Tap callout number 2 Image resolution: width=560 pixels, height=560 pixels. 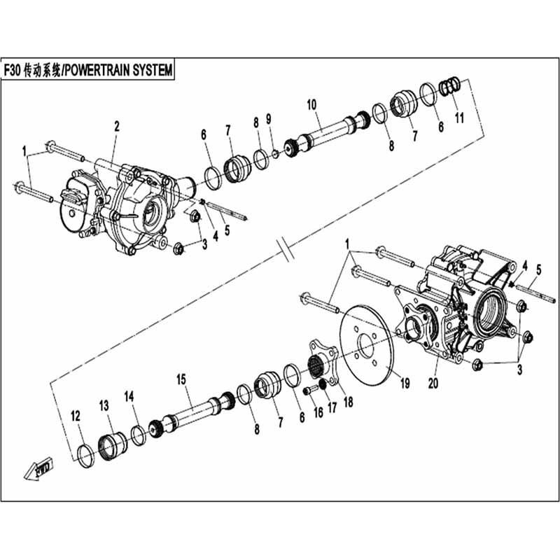116,127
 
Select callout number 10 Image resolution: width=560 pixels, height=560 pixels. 311,105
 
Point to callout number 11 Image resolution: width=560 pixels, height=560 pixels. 459,118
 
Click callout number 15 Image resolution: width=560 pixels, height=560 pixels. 181,379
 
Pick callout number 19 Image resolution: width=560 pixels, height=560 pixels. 405,383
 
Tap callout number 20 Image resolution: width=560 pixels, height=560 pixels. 433,383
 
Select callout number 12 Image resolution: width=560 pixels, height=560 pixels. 76,416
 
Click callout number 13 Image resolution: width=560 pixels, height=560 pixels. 104,406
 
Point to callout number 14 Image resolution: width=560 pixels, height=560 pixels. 129,396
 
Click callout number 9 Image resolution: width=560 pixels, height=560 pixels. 269,119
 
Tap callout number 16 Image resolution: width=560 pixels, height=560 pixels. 318,412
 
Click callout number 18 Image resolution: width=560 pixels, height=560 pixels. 348,402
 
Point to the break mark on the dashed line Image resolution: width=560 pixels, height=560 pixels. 286,248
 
